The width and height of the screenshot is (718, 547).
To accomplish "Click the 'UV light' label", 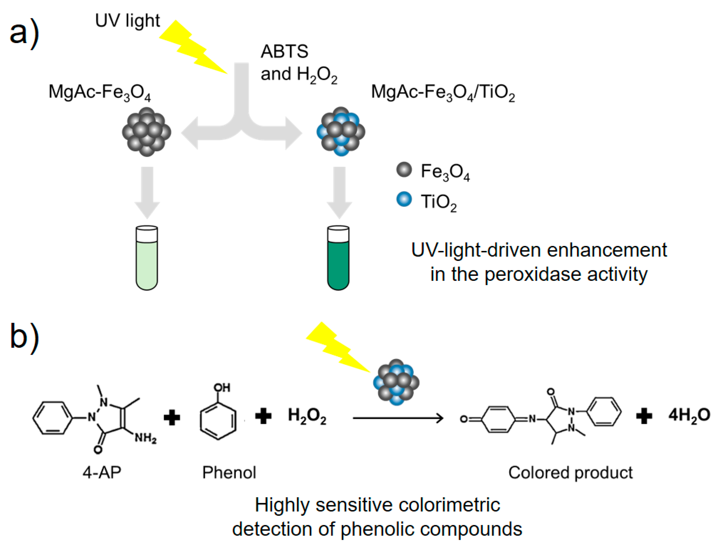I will (x=127, y=21).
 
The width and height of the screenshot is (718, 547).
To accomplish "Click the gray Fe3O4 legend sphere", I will (x=404, y=170).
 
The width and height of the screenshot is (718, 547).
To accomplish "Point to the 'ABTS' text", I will (x=284, y=51).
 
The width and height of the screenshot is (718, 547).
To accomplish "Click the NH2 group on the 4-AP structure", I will (x=145, y=438).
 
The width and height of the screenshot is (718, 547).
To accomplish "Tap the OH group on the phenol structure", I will (x=222, y=387).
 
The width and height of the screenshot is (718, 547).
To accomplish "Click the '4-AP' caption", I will (x=102, y=472).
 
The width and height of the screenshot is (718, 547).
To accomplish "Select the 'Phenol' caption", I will (x=229, y=472).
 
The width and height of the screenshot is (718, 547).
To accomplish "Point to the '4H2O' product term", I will (x=689, y=416).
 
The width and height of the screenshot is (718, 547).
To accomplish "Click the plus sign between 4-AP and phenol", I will (x=172, y=418).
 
